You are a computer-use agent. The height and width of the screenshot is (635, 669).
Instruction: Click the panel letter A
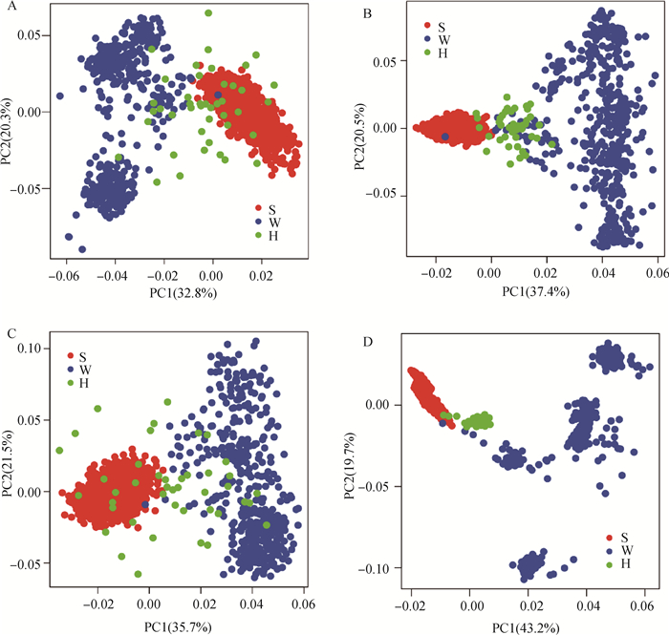pyautogui.click(x=9, y=8)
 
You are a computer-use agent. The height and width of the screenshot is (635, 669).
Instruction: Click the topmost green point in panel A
pyautogui.click(x=208, y=13)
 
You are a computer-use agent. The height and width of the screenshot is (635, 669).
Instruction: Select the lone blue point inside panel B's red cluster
pyautogui.click(x=445, y=138)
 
